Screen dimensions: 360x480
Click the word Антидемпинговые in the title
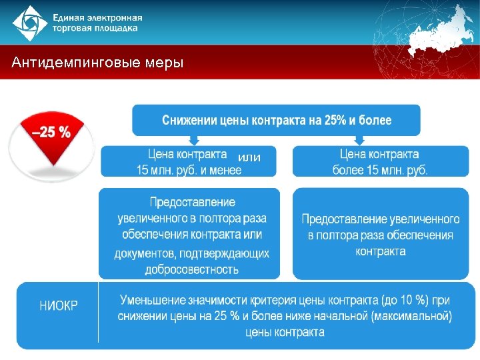click(73, 63)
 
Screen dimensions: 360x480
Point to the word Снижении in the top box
click(189, 121)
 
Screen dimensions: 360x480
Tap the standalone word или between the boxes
click(249, 157)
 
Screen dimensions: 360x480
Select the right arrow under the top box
click(359, 140)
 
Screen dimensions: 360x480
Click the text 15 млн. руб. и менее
click(189, 170)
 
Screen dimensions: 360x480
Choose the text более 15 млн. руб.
click(380, 170)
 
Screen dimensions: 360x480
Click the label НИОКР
click(59, 306)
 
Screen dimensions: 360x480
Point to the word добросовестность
click(192, 270)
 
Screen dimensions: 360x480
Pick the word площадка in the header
click(117, 28)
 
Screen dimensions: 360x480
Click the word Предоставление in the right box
click(338, 219)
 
